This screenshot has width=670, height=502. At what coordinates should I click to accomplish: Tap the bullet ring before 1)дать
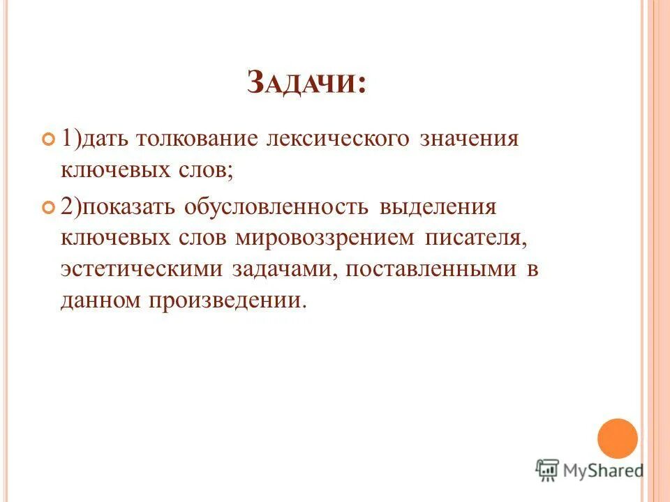click(48, 139)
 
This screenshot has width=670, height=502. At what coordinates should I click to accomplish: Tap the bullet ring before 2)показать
click(48, 208)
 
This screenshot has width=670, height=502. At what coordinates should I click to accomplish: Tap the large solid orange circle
click(618, 439)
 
